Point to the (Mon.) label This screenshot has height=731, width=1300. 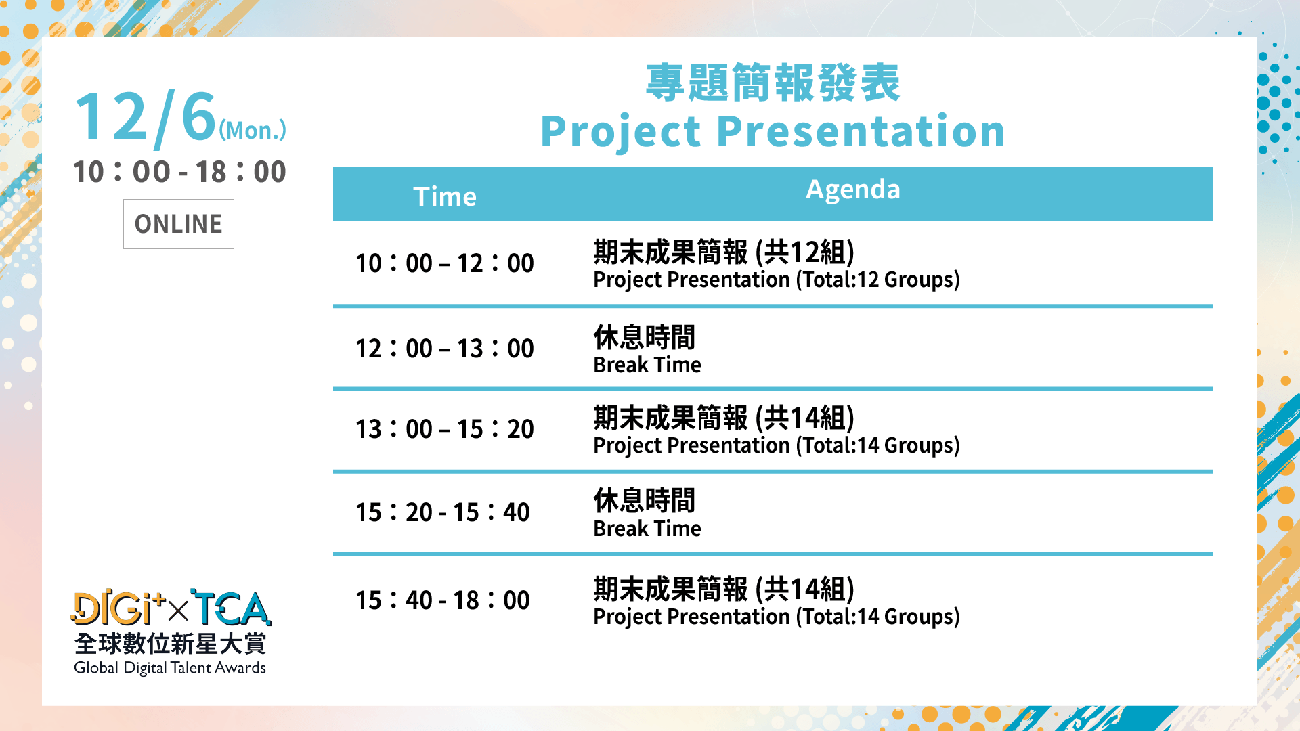(252, 130)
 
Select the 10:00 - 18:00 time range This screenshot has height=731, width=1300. (179, 172)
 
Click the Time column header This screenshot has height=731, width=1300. (445, 196)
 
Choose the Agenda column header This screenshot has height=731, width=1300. (853, 190)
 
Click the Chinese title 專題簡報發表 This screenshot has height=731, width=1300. (773, 83)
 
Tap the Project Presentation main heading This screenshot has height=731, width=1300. (773, 131)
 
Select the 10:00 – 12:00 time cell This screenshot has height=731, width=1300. (445, 263)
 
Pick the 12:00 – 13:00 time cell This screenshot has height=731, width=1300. (445, 349)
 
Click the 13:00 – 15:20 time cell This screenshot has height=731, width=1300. (445, 429)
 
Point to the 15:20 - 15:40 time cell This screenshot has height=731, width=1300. (443, 512)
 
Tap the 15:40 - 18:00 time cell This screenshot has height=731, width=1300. (443, 600)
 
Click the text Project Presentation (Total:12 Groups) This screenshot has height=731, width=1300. (777, 280)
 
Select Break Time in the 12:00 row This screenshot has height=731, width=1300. (647, 365)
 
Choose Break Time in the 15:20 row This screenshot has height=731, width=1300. (647, 529)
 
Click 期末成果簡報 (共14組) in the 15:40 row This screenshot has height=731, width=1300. (724, 589)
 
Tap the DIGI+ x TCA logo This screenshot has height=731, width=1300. (171, 608)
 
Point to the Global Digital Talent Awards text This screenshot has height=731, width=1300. (170, 668)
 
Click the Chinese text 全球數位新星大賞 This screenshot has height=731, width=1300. (170, 644)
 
